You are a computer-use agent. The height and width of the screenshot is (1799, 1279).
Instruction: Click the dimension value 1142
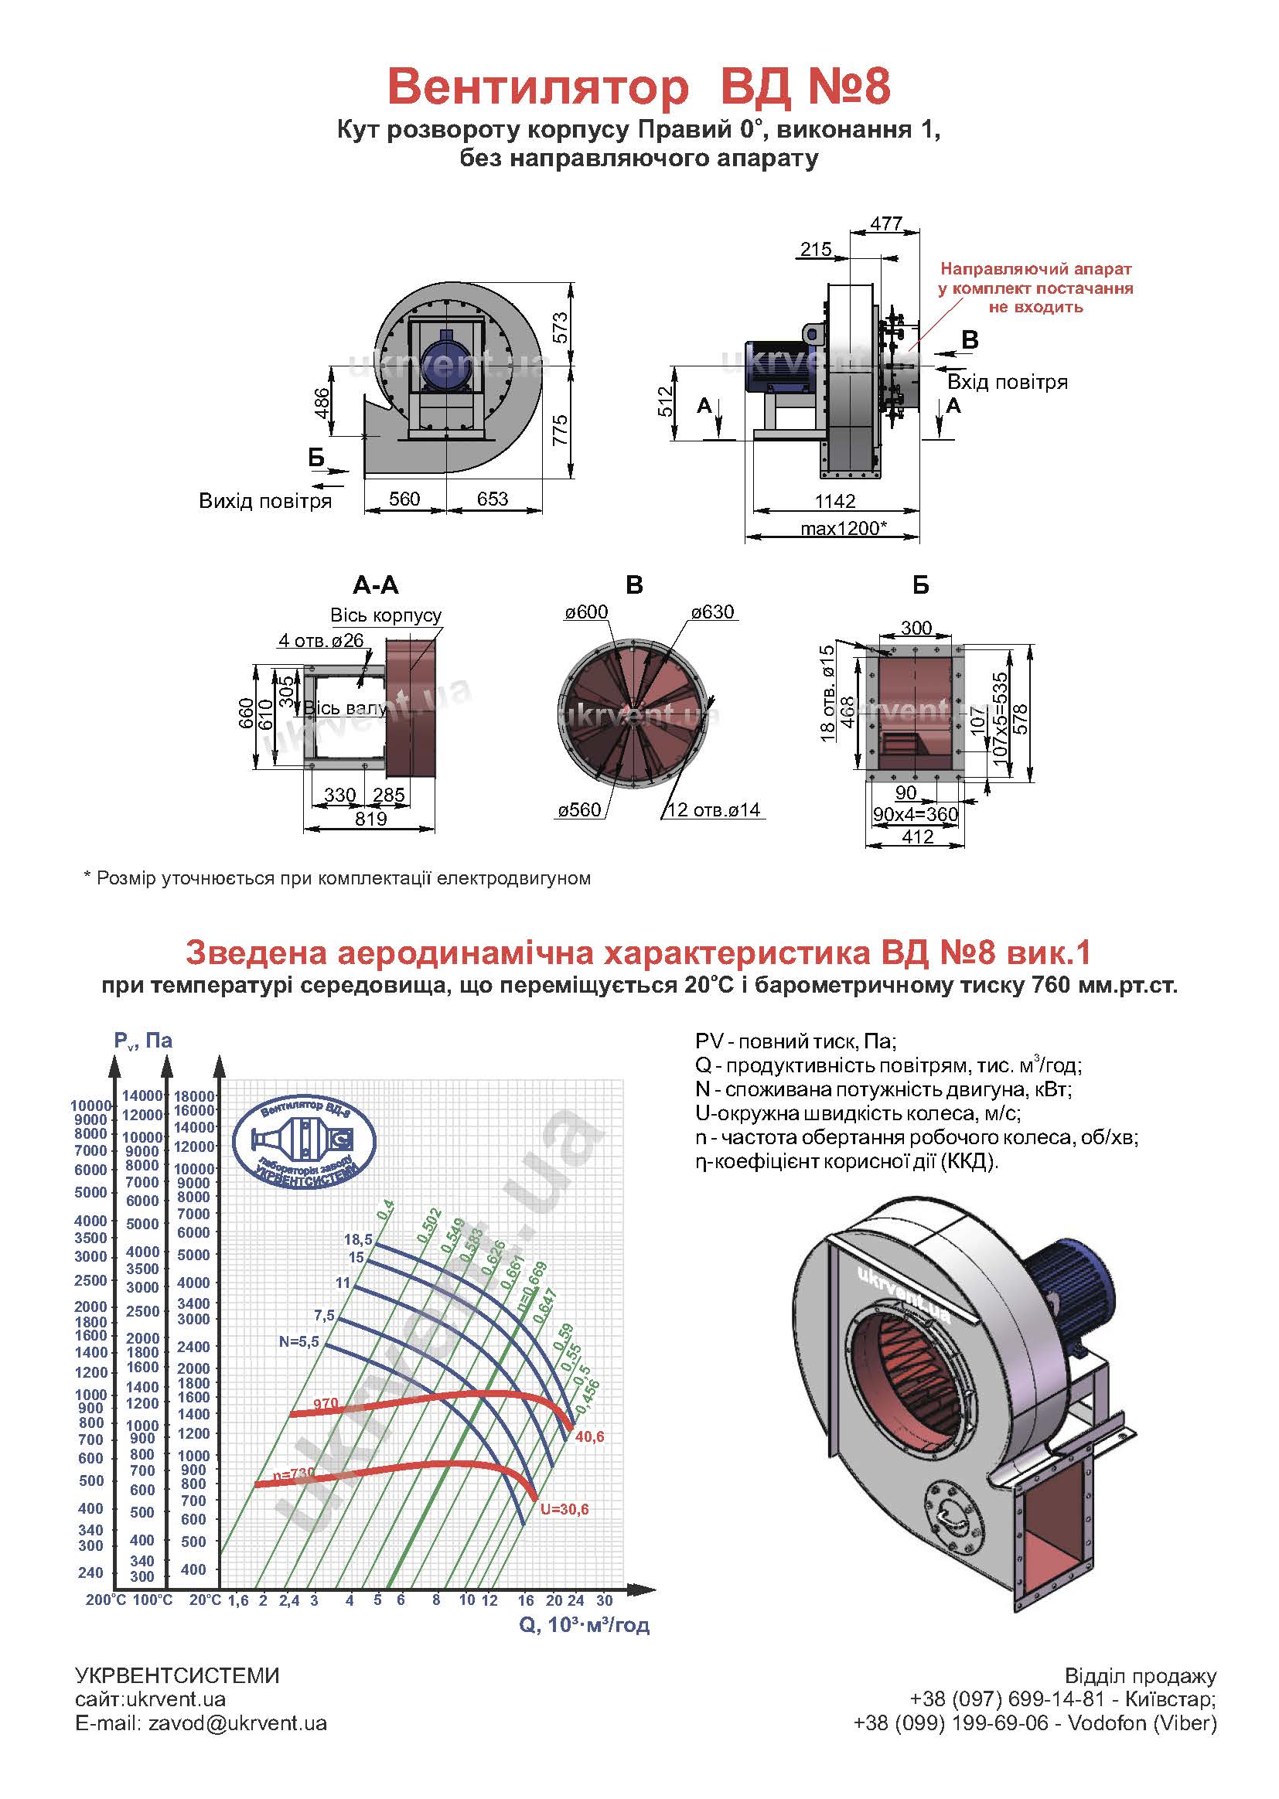point(835,501)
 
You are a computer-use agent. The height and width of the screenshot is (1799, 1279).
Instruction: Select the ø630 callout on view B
point(712,612)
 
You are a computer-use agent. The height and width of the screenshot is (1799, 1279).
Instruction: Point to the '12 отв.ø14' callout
point(714,809)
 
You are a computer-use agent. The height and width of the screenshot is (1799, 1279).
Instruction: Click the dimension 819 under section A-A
point(370,819)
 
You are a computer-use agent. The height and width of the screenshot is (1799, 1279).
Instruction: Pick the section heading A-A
point(376,585)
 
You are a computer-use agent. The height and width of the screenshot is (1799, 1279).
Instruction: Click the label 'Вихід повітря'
point(264,501)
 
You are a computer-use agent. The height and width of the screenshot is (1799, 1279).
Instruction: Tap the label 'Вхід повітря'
point(1008,382)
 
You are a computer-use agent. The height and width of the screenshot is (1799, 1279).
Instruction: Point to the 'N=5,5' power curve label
point(298,1341)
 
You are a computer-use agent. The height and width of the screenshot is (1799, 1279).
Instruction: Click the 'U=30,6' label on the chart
point(564,1509)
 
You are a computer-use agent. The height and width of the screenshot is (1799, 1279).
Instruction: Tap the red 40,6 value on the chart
point(590,1437)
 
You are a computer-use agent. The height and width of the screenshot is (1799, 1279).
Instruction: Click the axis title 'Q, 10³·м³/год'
point(584,1625)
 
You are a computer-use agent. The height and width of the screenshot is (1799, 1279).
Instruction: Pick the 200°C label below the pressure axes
point(105,1600)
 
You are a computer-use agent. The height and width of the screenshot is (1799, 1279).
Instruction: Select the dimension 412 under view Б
point(917,837)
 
